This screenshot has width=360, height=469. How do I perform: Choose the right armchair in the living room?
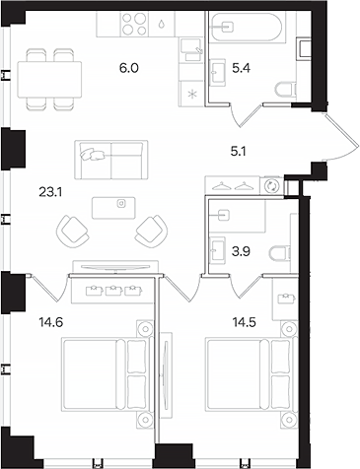point(151,230)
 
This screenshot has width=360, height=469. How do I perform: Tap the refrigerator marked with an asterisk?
point(190,94)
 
